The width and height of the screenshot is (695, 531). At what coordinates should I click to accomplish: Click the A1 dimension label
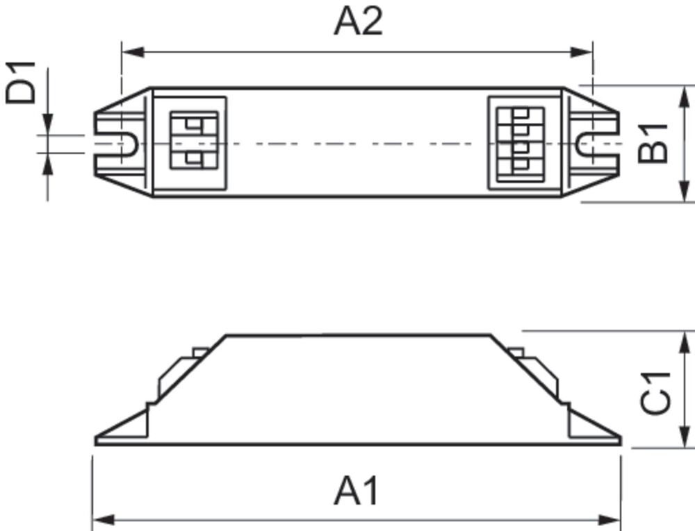(357, 491)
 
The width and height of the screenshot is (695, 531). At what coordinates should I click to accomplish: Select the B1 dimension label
(654, 143)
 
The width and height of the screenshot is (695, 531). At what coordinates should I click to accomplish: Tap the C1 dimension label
(656, 393)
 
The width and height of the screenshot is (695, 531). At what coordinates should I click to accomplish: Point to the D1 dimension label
(22, 82)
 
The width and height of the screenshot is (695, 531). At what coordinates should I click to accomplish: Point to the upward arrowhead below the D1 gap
(47, 163)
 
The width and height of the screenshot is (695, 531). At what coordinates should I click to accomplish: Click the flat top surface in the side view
(358, 336)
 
